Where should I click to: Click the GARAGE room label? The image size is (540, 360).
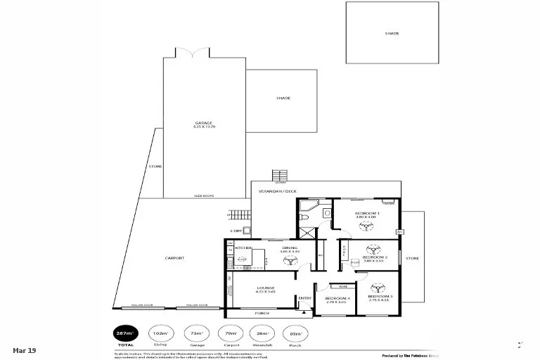click(x=203, y=123)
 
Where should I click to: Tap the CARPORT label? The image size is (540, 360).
click(x=174, y=258)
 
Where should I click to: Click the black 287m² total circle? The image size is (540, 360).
click(x=127, y=333)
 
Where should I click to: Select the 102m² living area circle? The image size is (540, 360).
click(x=160, y=333)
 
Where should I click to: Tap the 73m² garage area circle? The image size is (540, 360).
click(x=193, y=333)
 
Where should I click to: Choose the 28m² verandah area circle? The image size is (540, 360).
click(x=262, y=333)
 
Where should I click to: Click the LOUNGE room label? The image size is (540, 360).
click(x=265, y=288)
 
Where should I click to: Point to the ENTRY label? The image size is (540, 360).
click(x=304, y=298)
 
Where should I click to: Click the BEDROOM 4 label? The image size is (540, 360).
click(x=337, y=299)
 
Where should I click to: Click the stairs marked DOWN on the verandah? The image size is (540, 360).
click(x=281, y=175)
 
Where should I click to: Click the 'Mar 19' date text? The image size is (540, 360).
click(x=23, y=350)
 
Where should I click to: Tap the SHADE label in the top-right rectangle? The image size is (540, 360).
click(x=391, y=33)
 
